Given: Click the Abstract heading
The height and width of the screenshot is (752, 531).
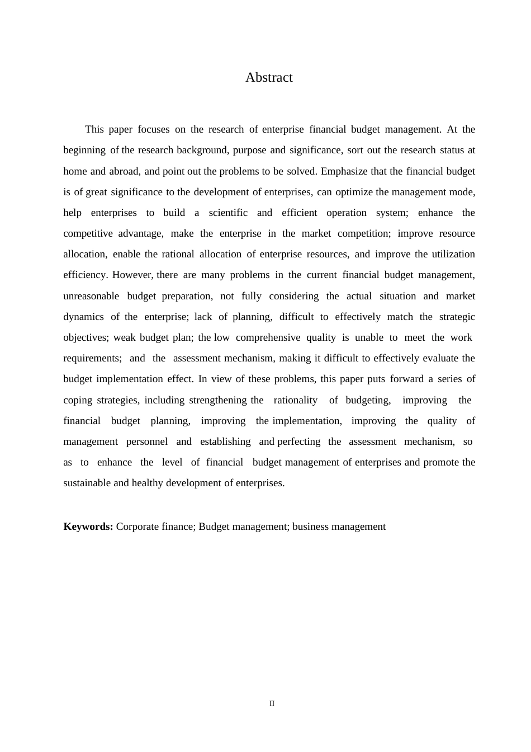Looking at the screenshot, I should [x=269, y=77].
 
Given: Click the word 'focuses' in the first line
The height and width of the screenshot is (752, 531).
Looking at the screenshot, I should [x=154, y=129].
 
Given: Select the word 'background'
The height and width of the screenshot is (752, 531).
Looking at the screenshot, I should [x=202, y=150].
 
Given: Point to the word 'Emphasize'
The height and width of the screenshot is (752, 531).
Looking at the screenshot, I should [x=344, y=171].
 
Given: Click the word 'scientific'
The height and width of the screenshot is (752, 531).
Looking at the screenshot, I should [x=228, y=213].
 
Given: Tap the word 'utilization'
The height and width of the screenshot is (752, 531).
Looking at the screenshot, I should [x=453, y=254].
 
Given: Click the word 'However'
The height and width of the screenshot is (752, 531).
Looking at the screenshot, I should [x=132, y=275].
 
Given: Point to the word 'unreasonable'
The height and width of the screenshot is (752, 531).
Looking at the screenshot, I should [x=91, y=296].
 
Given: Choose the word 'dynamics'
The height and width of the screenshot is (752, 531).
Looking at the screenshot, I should [x=83, y=317].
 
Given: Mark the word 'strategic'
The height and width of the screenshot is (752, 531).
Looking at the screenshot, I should [x=457, y=317].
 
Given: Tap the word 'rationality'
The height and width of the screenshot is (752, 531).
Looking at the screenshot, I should [x=295, y=400].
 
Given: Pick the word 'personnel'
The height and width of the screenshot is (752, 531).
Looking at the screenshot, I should [x=147, y=441].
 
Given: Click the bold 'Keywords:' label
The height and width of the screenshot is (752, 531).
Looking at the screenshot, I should [x=88, y=527].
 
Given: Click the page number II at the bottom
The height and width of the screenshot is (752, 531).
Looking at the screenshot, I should [x=272, y=704].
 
